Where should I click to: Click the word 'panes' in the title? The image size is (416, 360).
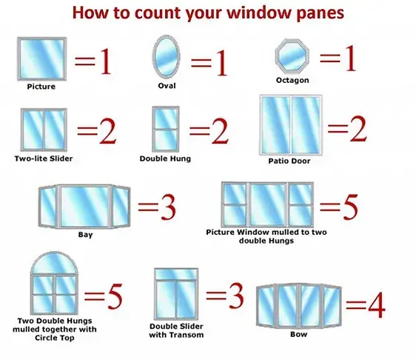321,13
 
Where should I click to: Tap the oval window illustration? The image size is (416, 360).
167,56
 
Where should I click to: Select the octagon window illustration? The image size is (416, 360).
292,56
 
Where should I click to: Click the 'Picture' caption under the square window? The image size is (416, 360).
41,87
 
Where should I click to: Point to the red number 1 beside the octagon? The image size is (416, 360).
350,58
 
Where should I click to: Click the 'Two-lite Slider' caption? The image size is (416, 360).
44,159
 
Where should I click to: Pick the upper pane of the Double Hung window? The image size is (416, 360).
166,119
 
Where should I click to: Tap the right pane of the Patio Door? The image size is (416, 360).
306,124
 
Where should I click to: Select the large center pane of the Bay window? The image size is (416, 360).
85,206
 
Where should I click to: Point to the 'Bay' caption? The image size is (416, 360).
85,235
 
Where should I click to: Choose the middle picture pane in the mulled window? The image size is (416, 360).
267,204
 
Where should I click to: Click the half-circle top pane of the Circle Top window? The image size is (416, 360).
54,263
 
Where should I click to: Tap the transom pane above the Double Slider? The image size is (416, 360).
176,274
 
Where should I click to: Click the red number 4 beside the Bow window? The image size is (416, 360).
377,305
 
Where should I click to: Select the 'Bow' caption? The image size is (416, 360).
299,334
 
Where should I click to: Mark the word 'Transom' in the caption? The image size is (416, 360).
188,335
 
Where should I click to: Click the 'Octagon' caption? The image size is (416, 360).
292,80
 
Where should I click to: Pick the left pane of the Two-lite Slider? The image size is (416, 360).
33,130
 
